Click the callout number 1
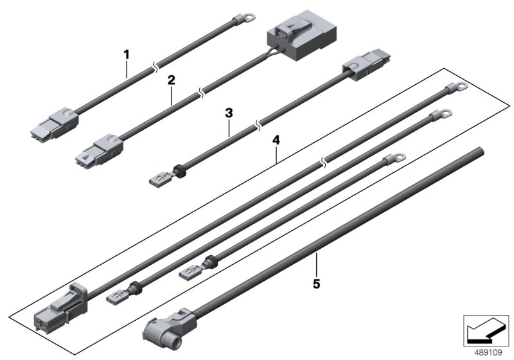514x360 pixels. click(x=127, y=55)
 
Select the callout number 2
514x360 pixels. click(x=171, y=80)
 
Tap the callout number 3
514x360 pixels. click(x=229, y=112)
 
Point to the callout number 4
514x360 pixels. click(x=276, y=138)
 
